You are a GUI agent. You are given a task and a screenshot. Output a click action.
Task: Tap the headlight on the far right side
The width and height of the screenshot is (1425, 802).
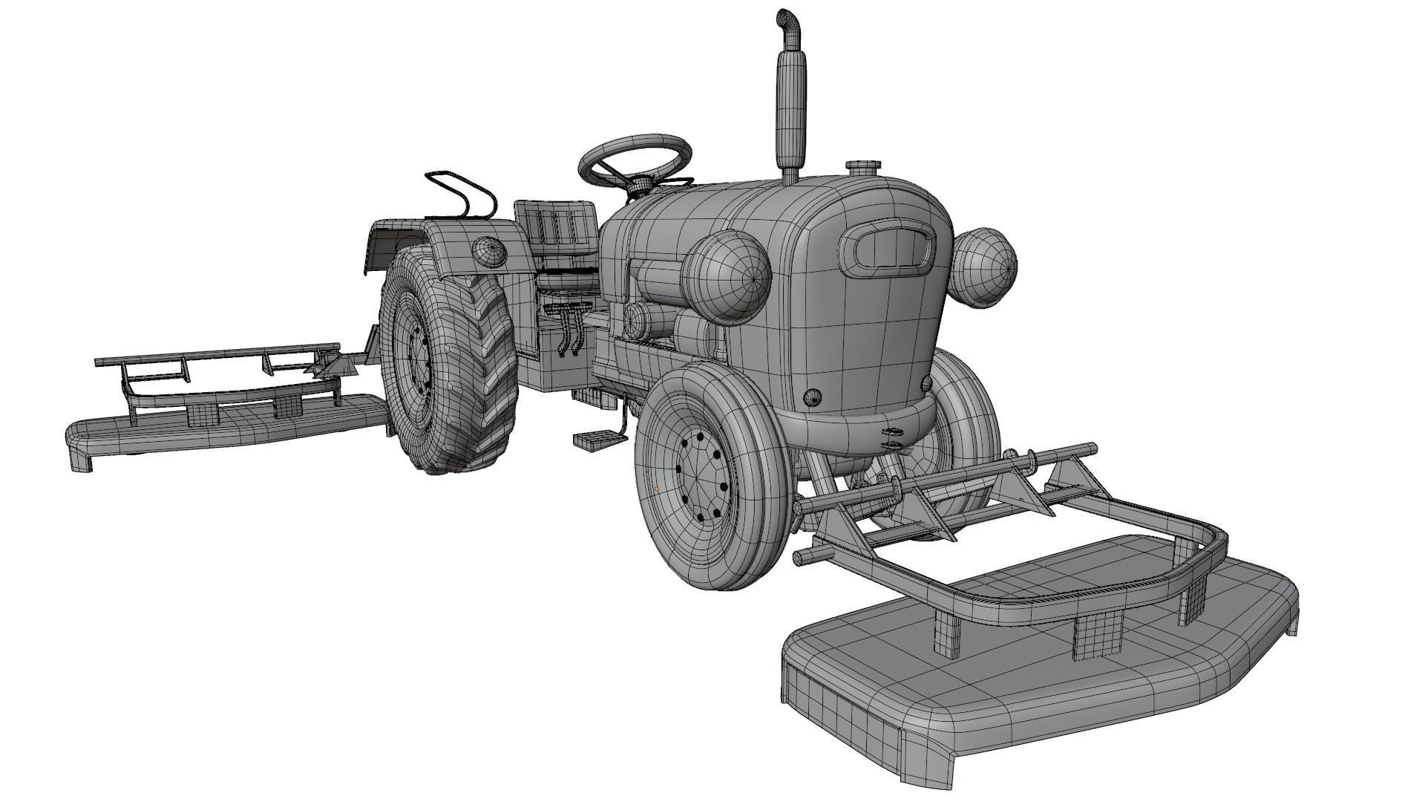(x=983, y=266)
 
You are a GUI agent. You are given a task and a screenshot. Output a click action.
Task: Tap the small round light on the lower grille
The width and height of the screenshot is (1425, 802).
(x=813, y=398)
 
